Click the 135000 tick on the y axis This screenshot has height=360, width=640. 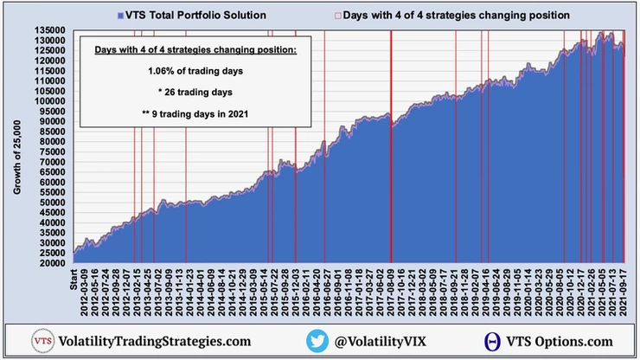tap(53, 30)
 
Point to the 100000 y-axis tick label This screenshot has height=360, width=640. tap(53, 101)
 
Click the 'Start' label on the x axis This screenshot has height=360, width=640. tap(75, 279)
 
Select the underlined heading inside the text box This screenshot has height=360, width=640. tap(195, 50)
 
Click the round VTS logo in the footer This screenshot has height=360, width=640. tap(42, 341)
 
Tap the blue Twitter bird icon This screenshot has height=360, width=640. tap(317, 341)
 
